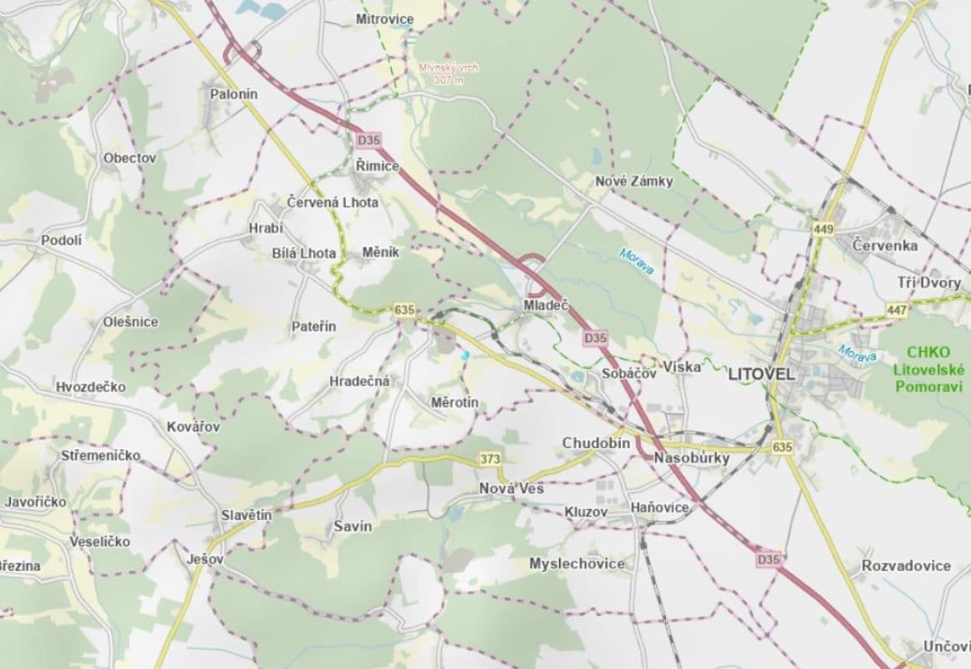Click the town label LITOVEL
tap(762, 374)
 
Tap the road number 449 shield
tap(822, 227)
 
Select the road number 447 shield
tap(897, 310)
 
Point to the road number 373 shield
tap(490, 459)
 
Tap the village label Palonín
tap(234, 94)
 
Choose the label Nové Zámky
tap(633, 181)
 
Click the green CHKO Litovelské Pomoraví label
tap(928, 369)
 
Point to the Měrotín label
tap(455, 403)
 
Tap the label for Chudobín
tap(596, 442)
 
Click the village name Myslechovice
tap(577, 564)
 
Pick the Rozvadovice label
tap(906, 565)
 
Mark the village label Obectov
tap(130, 157)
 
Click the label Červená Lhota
tap(332, 202)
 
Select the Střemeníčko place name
tap(101, 456)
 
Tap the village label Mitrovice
tap(384, 18)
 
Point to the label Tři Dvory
tap(929, 283)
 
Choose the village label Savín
tap(353, 526)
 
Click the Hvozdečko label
tap(91, 386)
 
